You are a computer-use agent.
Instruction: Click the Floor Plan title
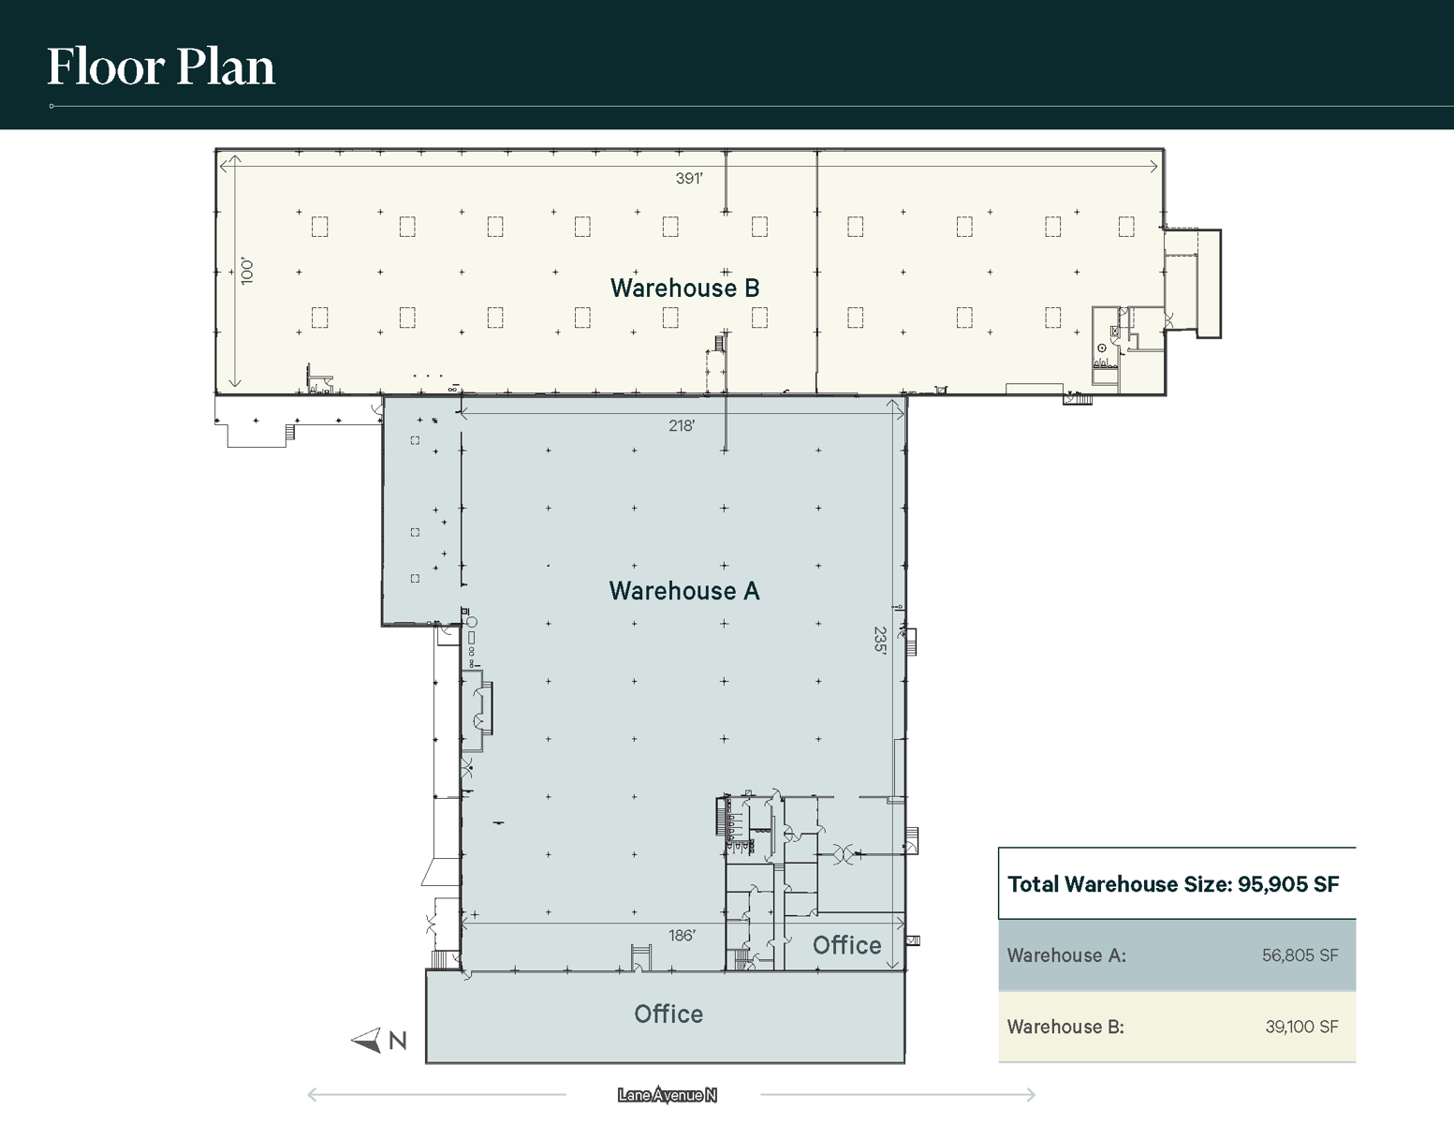tap(161, 67)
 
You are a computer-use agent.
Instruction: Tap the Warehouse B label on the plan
tap(684, 288)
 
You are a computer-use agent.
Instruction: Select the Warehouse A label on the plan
tap(683, 591)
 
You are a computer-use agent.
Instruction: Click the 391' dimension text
tap(689, 178)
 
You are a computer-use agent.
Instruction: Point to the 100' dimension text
tap(247, 272)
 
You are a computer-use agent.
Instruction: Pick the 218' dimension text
tap(682, 426)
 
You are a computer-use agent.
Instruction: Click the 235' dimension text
tap(880, 640)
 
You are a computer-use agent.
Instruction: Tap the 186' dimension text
tap(682, 936)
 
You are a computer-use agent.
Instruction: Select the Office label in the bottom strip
tap(668, 1014)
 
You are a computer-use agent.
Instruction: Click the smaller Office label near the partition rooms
tap(846, 945)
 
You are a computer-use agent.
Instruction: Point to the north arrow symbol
tap(366, 1040)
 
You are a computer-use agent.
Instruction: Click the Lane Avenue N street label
tap(667, 1095)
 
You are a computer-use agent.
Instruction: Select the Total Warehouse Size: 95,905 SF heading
tap(1172, 884)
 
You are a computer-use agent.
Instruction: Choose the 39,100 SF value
tap(1301, 1027)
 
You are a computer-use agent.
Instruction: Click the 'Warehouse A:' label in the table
tap(1066, 955)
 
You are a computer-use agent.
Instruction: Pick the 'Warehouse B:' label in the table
tap(1065, 1027)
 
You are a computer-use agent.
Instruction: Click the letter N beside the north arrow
tap(398, 1041)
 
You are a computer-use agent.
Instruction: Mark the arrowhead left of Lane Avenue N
tap(313, 1094)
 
